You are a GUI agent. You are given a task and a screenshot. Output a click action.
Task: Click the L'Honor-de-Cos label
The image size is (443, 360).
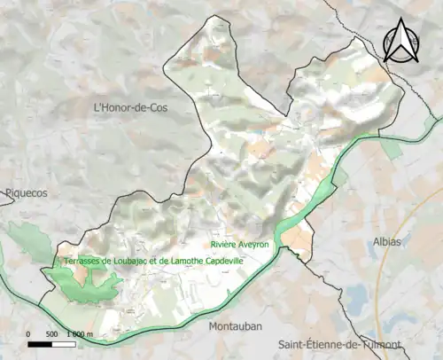130,107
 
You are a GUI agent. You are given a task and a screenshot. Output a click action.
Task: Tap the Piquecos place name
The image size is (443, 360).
24,192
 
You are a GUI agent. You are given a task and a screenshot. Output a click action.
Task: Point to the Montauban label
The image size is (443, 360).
235,326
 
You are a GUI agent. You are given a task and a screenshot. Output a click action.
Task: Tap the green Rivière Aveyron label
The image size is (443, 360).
240,243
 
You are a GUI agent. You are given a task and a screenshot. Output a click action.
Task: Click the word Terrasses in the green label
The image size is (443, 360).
81,262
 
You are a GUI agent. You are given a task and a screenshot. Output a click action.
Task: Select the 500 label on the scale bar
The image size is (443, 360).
51,333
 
